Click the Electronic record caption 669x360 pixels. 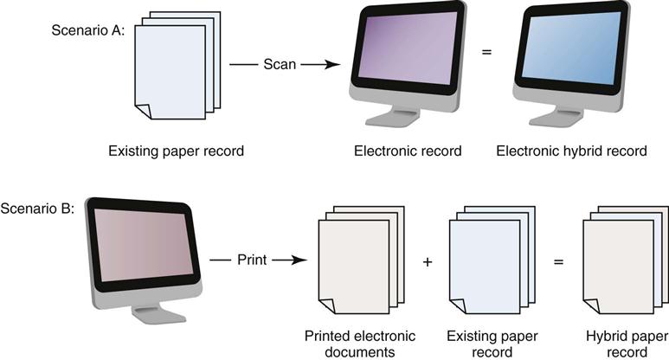point(408,151)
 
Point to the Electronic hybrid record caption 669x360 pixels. point(571,151)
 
